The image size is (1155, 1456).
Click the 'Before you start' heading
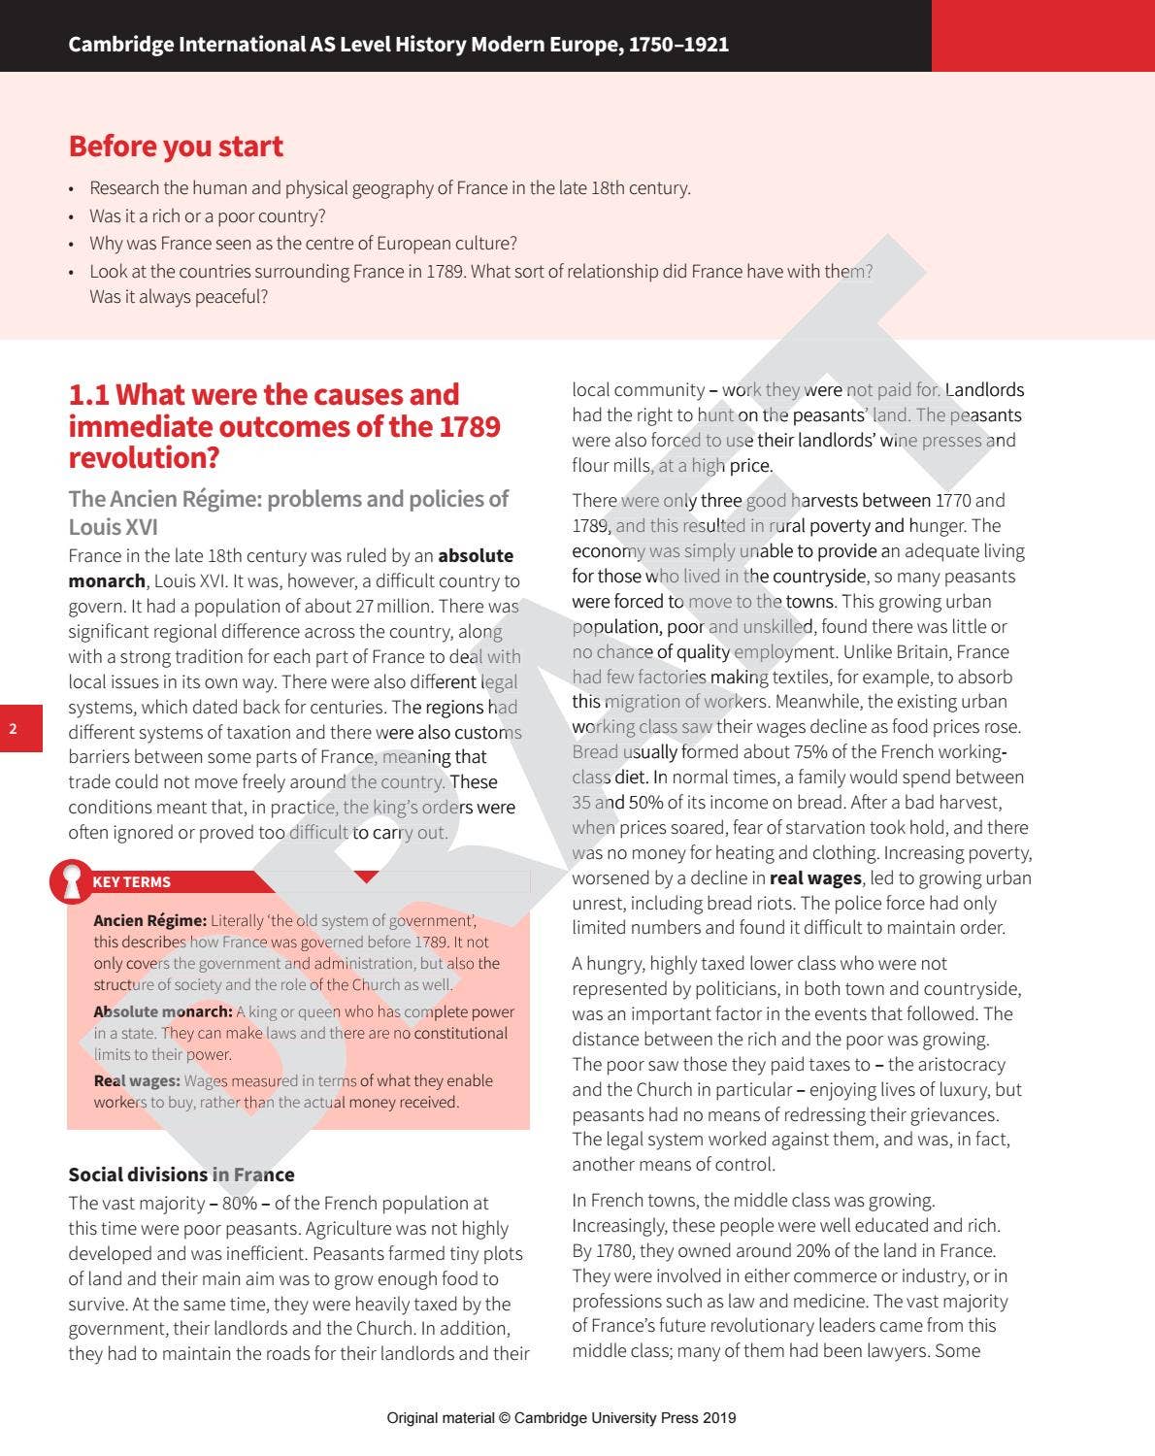coord(176,147)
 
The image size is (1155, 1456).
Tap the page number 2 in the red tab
coord(14,729)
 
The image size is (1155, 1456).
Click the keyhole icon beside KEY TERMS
coord(71,880)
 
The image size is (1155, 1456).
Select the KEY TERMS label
coord(131,882)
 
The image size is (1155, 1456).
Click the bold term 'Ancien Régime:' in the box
coord(149,920)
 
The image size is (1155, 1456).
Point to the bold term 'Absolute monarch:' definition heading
coord(162,1011)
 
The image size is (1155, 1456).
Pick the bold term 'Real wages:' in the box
coord(136,1080)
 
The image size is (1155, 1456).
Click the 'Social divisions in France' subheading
coord(181,1175)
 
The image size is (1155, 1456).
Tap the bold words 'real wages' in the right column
coord(815,877)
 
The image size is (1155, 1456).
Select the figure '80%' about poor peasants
coord(240,1204)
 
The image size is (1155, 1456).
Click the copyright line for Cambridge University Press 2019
coord(561,1418)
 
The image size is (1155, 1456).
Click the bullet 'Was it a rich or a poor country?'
coord(207,215)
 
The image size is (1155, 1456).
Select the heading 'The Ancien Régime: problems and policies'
coord(288,499)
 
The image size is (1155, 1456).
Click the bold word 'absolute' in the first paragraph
coord(476,556)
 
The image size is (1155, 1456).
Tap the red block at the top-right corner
coord(1042,35)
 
